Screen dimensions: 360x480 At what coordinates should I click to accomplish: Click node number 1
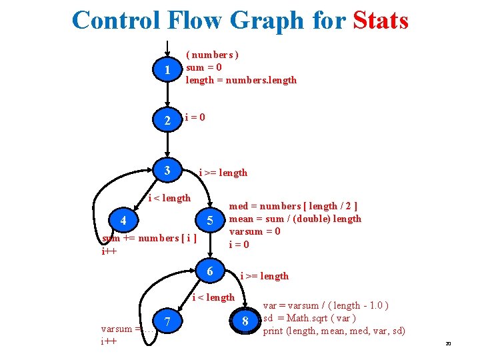pos(167,70)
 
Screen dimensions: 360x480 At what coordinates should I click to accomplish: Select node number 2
pos(167,121)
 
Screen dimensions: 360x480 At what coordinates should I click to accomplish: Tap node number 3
pos(167,171)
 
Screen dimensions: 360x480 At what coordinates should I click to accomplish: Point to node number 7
pos(168,323)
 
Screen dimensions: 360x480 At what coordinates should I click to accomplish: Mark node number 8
pos(245,323)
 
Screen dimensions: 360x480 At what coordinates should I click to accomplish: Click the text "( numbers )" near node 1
pos(212,55)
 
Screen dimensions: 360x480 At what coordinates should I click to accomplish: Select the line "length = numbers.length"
pos(241,80)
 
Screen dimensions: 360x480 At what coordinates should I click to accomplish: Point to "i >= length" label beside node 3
pos(223,173)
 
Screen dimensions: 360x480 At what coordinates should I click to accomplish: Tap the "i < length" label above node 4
pos(169,198)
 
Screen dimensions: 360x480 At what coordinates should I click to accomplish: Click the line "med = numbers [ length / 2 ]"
pos(293,206)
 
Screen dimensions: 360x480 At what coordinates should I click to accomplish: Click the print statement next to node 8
pos(334,331)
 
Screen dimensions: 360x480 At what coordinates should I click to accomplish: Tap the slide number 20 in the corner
pos(448,344)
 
